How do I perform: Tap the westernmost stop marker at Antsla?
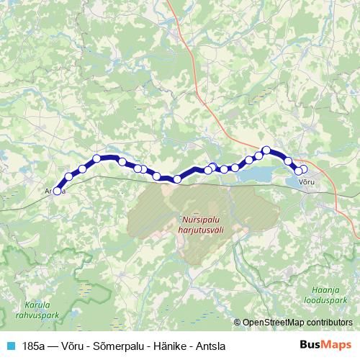click(x=57, y=191)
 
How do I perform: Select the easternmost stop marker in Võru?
click(x=303, y=169)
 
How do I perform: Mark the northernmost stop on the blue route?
click(x=266, y=150)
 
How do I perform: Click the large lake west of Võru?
click(x=255, y=175)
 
